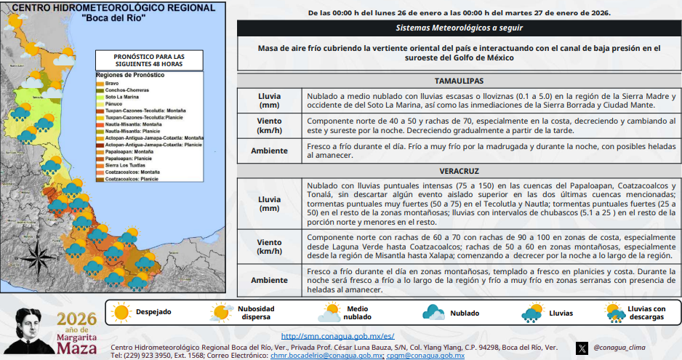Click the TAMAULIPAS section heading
(x=459, y=80)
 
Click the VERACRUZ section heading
(x=459, y=171)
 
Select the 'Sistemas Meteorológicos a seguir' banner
(x=459, y=28)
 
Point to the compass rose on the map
(x=33, y=255)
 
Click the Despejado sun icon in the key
(x=120, y=313)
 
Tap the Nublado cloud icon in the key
(x=435, y=313)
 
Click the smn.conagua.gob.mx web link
(x=337, y=336)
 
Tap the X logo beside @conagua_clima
(x=582, y=348)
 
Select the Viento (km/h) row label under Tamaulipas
(x=269, y=126)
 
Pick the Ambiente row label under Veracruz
(x=269, y=280)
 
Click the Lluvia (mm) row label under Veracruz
(x=269, y=204)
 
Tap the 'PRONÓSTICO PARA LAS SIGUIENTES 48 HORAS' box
(x=150, y=60)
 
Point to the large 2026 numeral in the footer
(x=76, y=319)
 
